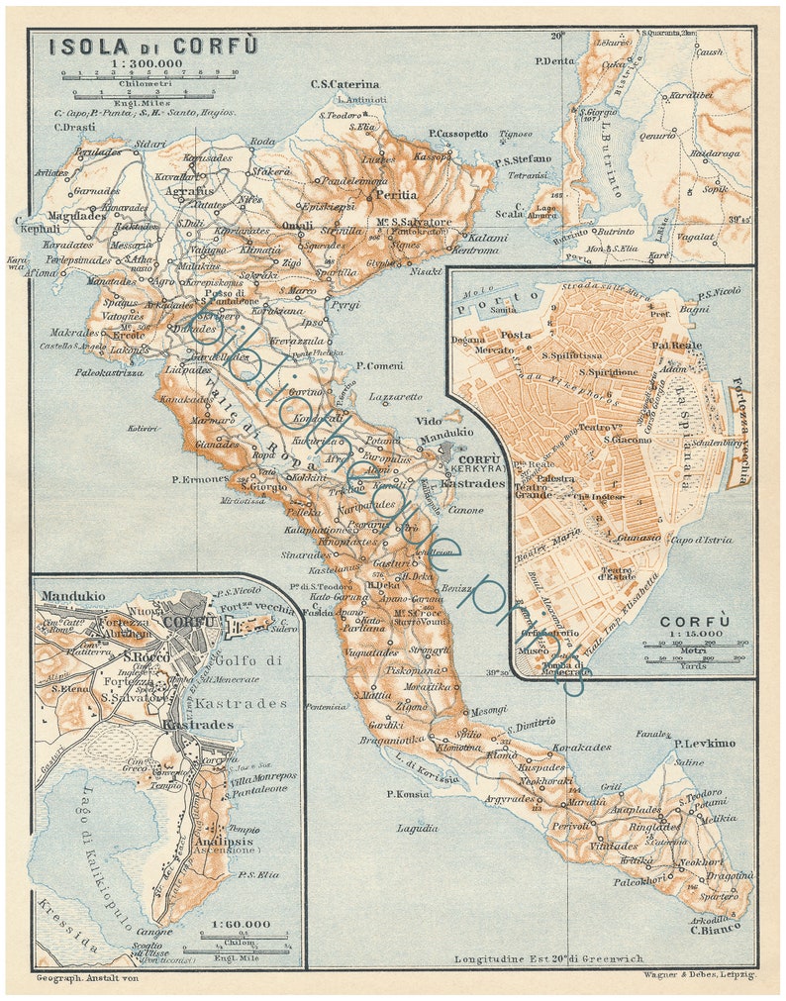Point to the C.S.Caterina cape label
(x=344, y=85)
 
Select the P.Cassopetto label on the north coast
(x=458, y=133)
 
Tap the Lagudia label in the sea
(x=417, y=827)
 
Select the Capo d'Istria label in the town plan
(x=701, y=540)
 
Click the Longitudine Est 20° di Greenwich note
(x=548, y=958)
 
